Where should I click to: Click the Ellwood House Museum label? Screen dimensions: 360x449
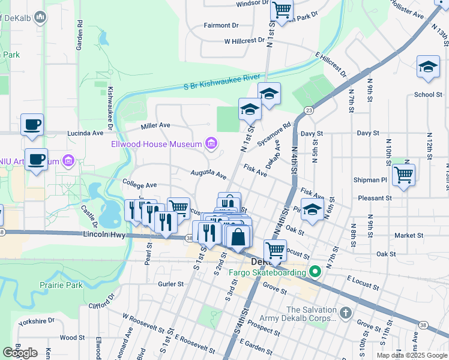[x=156, y=144]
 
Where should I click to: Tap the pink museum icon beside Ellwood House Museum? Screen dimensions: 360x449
[x=211, y=143]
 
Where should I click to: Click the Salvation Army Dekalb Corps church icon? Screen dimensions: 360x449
[x=345, y=313]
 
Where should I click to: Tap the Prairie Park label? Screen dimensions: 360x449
[x=61, y=285]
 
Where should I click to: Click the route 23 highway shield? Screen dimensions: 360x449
[x=308, y=110]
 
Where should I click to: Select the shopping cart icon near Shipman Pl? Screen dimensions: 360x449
[x=403, y=175]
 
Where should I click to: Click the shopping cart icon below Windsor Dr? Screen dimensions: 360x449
[x=282, y=9]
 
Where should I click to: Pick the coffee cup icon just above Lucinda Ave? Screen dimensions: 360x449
[x=32, y=124]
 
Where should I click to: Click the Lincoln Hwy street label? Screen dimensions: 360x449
[x=104, y=235]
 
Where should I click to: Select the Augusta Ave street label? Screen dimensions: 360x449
[x=208, y=174]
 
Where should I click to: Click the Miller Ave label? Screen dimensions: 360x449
[x=155, y=126]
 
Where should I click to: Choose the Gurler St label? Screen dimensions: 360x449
[x=170, y=284]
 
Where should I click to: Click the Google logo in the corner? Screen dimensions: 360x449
[x=20, y=353]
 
